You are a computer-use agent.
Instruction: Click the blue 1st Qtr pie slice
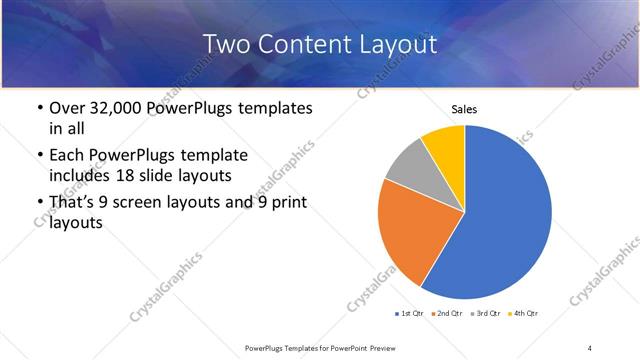[500, 220]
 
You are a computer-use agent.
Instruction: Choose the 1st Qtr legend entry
[411, 314]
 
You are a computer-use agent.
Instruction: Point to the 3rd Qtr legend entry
[487, 314]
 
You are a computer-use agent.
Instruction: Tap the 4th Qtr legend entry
[525, 314]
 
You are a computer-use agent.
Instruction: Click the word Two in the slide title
[225, 44]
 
